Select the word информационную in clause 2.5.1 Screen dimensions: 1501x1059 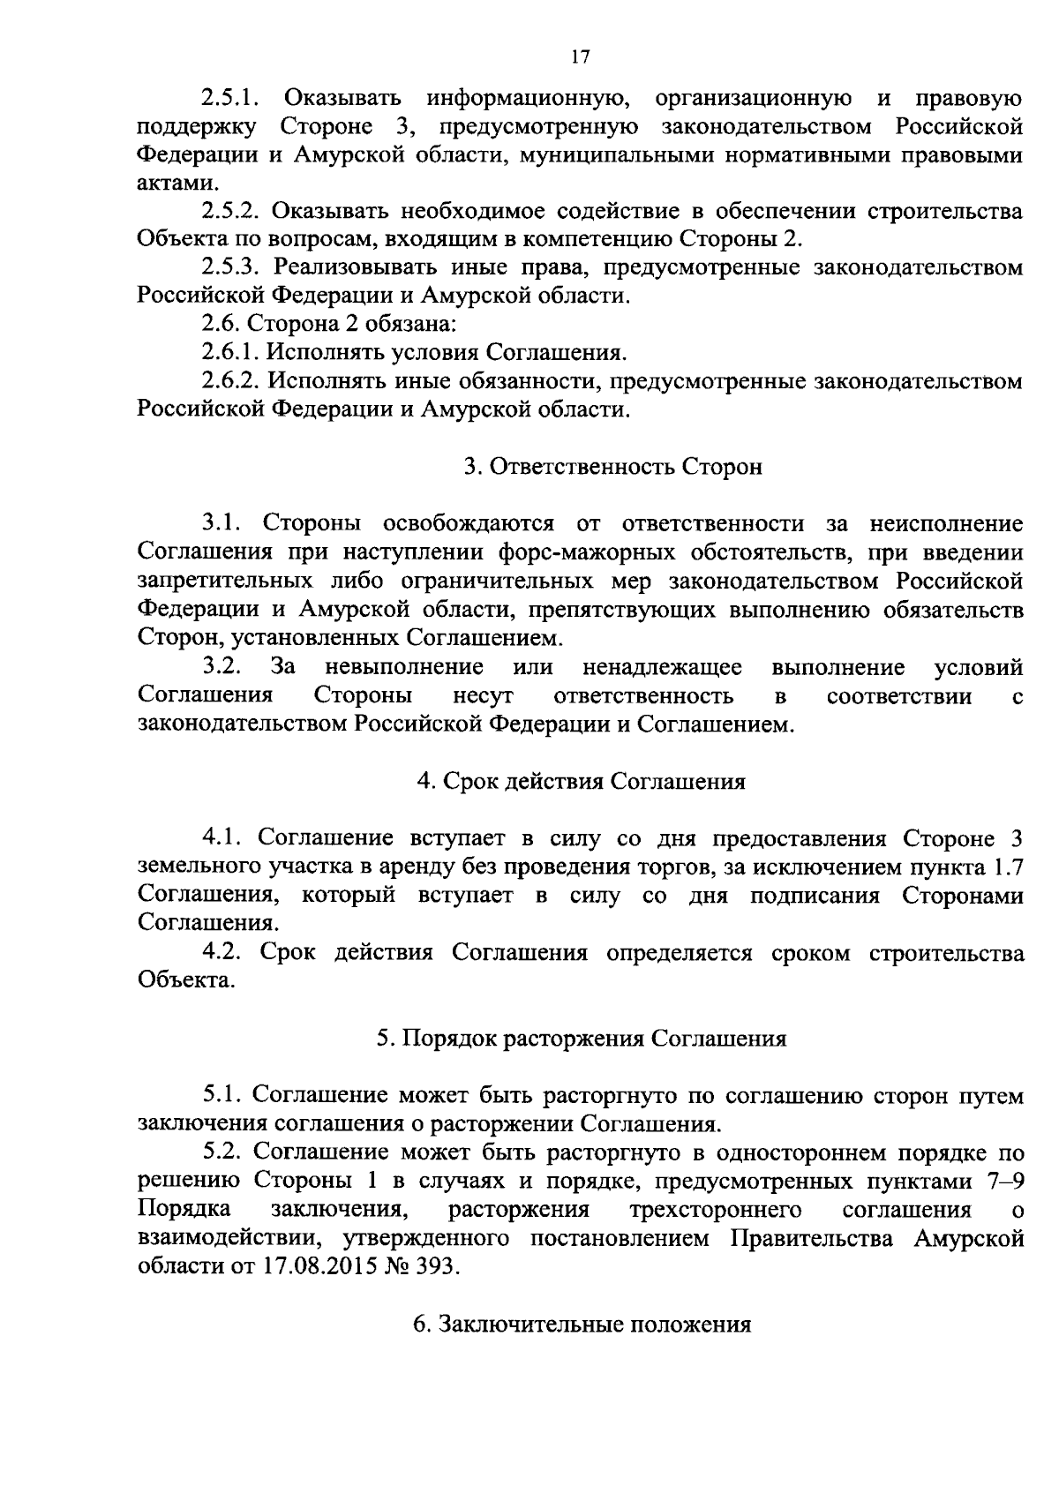point(513,98)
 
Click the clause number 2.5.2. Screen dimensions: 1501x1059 point(231,212)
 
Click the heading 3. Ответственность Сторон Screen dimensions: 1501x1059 point(613,468)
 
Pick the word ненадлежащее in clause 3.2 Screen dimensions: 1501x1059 point(662,667)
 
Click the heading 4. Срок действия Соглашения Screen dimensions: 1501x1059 point(582,782)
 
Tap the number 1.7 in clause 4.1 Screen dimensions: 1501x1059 point(1007,867)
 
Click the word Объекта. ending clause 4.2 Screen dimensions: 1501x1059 point(186,981)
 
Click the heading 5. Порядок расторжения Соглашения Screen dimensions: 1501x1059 point(582,1039)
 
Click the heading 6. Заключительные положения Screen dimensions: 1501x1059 point(582,1325)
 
